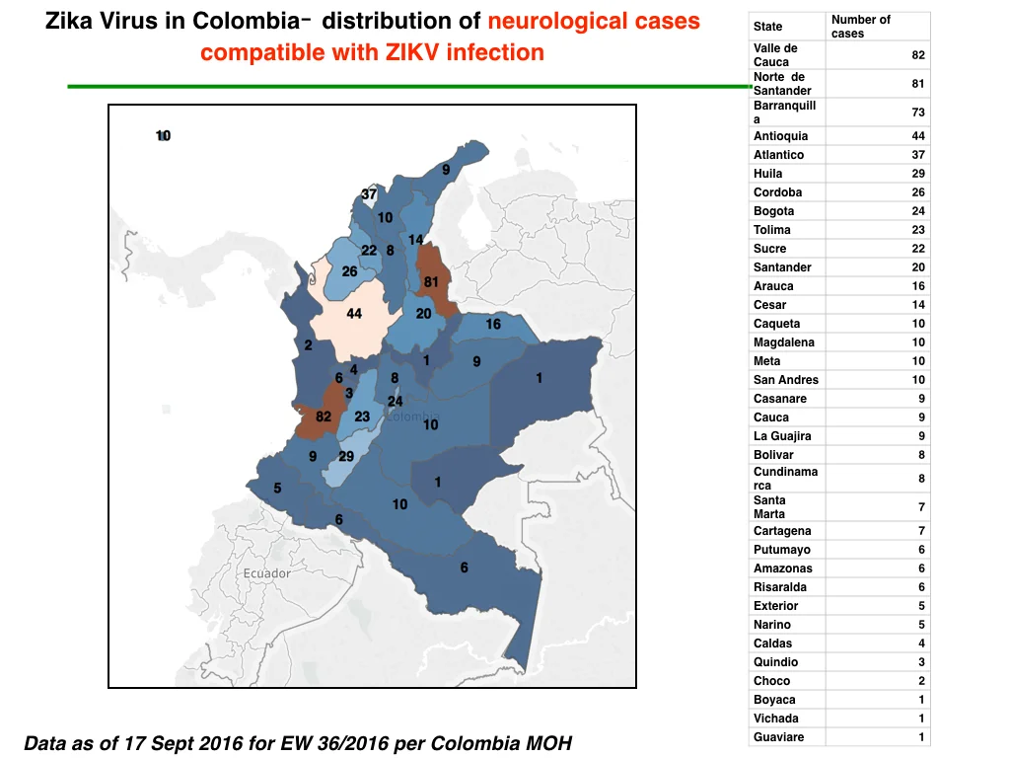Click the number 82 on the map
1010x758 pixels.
(324, 417)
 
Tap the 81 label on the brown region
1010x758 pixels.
(431, 281)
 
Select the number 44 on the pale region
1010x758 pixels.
(354, 314)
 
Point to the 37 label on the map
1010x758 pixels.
(369, 194)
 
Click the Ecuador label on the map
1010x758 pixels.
(266, 573)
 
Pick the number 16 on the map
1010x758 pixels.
(493, 324)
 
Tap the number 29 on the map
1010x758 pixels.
(346, 456)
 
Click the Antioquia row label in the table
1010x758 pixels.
(780, 136)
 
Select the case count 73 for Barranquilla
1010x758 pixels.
(918, 113)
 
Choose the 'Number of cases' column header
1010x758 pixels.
(860, 27)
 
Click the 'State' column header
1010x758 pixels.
(767, 27)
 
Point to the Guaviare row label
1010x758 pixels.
(779, 736)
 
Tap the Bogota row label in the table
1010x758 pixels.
(773, 211)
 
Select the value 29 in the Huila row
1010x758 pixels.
(918, 174)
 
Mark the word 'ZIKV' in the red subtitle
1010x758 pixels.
(412, 52)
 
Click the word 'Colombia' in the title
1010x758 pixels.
(247, 21)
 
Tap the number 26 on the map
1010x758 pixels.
(350, 271)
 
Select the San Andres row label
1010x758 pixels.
(786, 380)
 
